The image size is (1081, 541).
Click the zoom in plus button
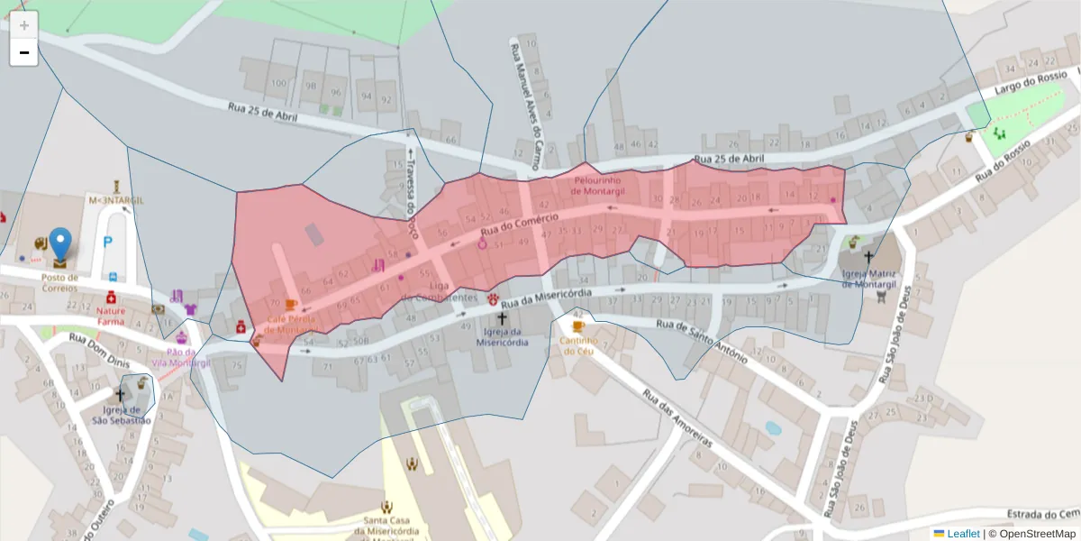point(23,24)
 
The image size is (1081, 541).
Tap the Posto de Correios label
point(59,282)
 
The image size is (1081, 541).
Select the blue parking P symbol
point(108,242)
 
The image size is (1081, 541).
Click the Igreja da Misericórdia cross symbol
point(502,318)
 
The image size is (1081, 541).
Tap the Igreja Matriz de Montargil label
point(870,278)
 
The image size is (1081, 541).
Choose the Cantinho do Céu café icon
point(577,326)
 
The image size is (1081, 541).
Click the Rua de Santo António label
point(702,342)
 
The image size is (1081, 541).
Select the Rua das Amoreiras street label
point(677,418)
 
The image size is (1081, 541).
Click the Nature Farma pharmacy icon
point(111,298)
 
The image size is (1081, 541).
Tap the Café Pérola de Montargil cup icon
point(290,305)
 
